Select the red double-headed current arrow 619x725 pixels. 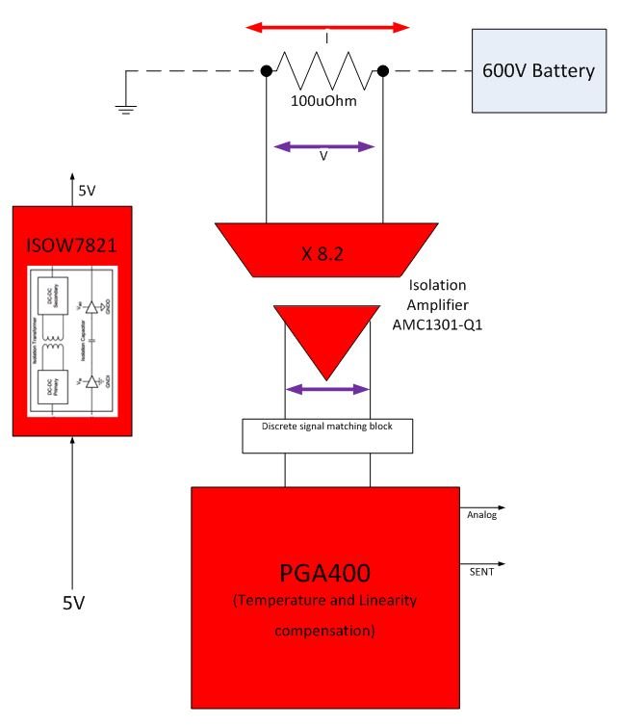(328, 27)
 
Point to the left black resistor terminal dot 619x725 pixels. (266, 70)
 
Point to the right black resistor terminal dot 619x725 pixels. (382, 70)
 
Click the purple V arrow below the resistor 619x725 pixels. (323, 147)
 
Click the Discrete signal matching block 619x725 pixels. (327, 435)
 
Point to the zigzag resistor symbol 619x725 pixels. (324, 70)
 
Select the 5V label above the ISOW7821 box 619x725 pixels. (86, 191)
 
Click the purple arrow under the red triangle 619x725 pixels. (327, 389)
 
